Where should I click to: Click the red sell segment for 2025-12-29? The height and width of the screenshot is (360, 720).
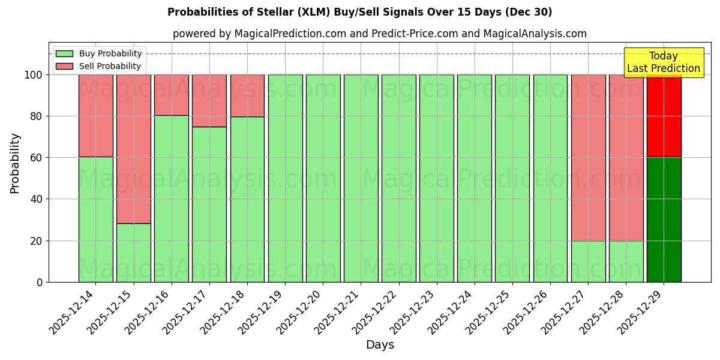point(664,116)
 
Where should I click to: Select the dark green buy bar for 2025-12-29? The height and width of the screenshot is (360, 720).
point(664,220)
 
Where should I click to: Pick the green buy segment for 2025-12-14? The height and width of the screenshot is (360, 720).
point(95,220)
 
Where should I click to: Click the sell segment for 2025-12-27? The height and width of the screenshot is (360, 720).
point(588,157)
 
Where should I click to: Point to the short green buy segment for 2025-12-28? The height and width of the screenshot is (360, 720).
point(626,262)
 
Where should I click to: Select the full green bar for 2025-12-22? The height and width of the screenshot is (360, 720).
point(398,178)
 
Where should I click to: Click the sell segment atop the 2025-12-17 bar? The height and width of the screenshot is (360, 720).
point(209,100)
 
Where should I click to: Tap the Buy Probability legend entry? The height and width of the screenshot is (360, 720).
point(98,53)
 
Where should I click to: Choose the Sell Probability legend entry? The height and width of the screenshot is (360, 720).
point(98,66)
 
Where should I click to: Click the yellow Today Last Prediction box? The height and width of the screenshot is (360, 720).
point(663,62)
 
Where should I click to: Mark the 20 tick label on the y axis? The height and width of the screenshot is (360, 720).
point(37,241)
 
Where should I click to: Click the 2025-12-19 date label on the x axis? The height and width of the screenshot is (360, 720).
point(262,312)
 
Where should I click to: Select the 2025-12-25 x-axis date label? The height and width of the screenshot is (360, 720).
point(489,312)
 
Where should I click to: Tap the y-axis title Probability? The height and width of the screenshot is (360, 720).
point(15,163)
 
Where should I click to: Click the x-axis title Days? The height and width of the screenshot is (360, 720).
point(380,345)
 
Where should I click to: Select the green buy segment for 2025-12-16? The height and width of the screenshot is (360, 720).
point(171,199)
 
